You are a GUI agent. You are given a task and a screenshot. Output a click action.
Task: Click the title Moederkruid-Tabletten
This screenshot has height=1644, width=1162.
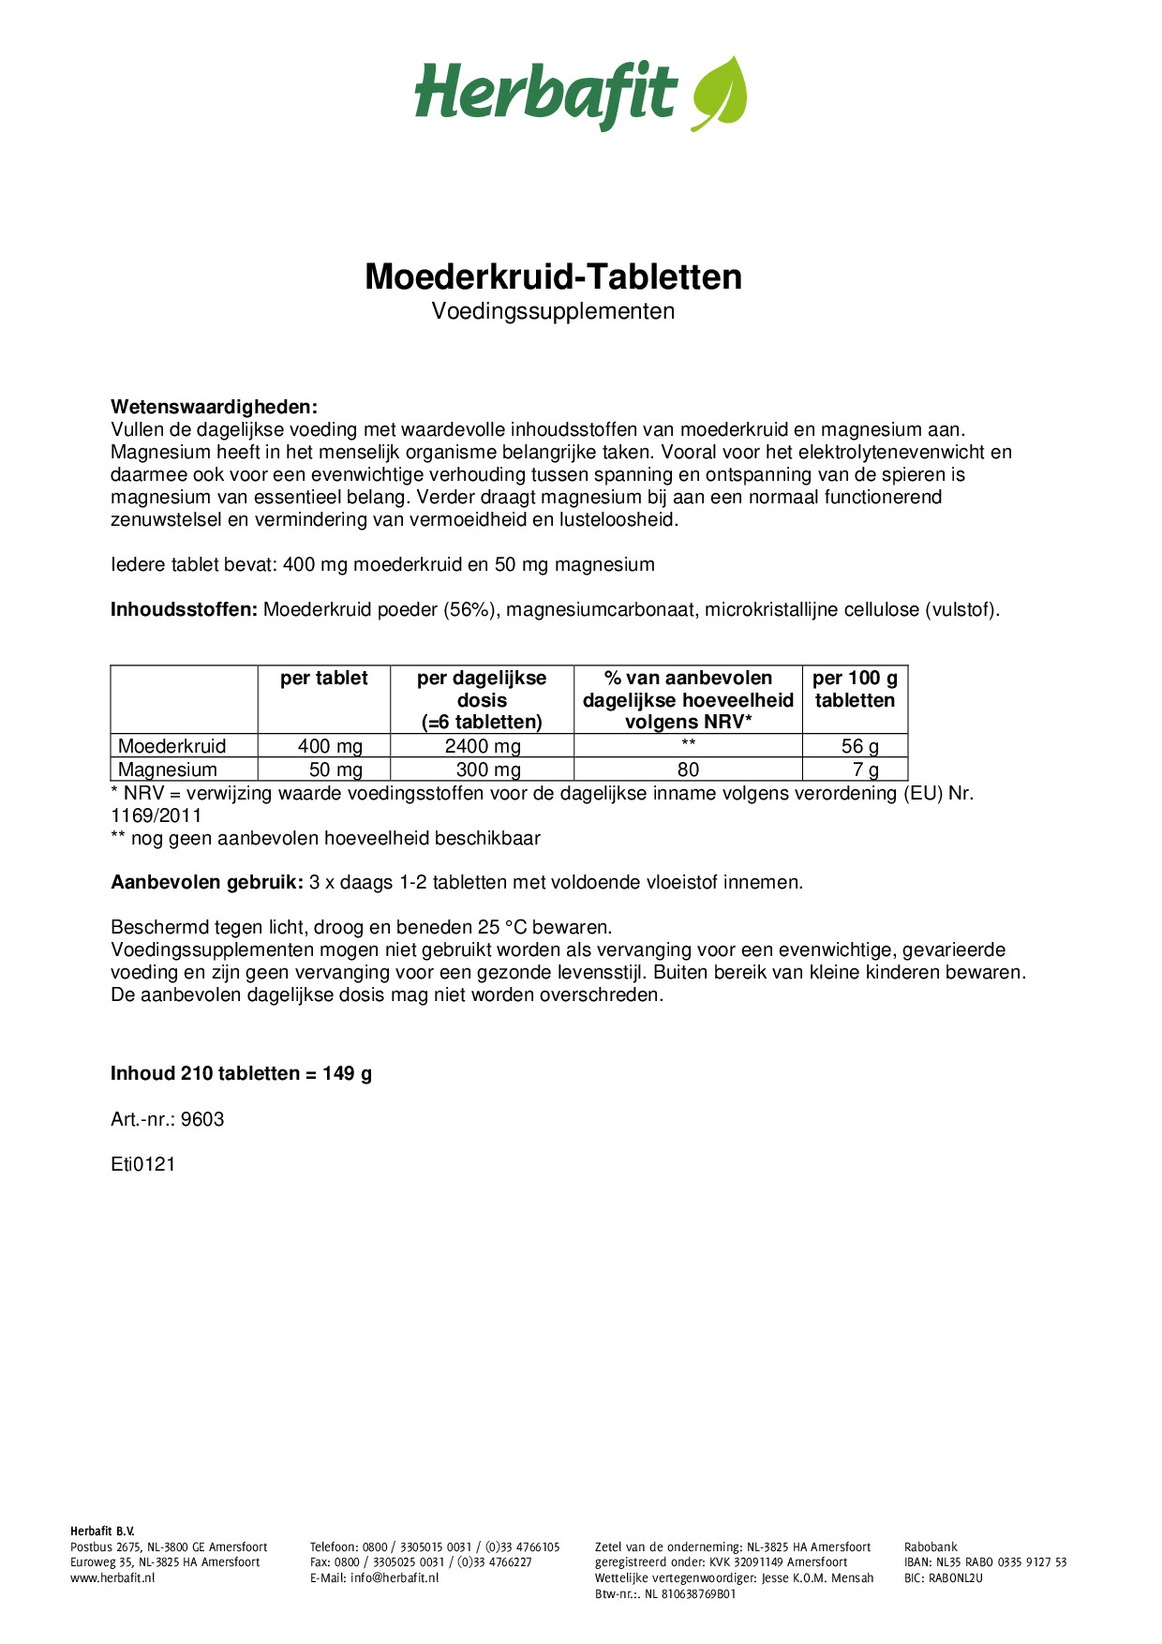pyautogui.click(x=553, y=276)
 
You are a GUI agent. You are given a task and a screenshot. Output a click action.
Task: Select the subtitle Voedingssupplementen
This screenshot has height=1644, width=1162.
pyautogui.click(x=553, y=311)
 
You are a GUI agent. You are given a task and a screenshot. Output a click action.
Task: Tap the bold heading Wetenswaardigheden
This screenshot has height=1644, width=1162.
pyautogui.click(x=214, y=407)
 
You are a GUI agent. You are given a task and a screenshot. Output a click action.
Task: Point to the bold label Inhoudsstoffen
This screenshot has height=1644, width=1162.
pyautogui.click(x=184, y=609)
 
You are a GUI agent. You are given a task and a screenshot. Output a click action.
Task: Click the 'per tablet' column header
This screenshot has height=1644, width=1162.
pyautogui.click(x=324, y=679)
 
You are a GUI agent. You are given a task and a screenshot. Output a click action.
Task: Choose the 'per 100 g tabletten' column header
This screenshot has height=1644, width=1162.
pyautogui.click(x=855, y=689)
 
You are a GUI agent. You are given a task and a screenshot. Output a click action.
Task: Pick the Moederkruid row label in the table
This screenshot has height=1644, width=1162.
pyautogui.click(x=172, y=746)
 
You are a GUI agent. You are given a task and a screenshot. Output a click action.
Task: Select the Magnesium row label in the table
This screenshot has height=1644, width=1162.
pyautogui.click(x=168, y=770)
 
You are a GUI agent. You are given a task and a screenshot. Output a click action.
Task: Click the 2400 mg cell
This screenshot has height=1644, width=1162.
pyautogui.click(x=483, y=746)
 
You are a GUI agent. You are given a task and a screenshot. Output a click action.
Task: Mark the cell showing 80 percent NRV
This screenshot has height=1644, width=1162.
pyautogui.click(x=688, y=770)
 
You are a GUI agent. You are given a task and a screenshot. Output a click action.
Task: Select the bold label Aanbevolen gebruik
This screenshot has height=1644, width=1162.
pyautogui.click(x=207, y=882)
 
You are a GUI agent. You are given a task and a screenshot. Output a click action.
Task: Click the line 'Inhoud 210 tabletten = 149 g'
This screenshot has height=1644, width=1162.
pyautogui.click(x=241, y=1073)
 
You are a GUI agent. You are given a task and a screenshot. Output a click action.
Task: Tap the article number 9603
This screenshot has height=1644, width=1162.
pyautogui.click(x=202, y=1119)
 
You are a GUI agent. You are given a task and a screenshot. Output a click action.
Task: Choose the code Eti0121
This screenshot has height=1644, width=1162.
pyautogui.click(x=143, y=1164)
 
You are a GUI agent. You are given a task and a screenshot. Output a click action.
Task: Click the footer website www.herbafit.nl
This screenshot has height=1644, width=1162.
pyautogui.click(x=112, y=1577)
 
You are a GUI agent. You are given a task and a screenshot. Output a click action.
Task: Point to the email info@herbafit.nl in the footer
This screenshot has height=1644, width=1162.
pyautogui.click(x=395, y=1577)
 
